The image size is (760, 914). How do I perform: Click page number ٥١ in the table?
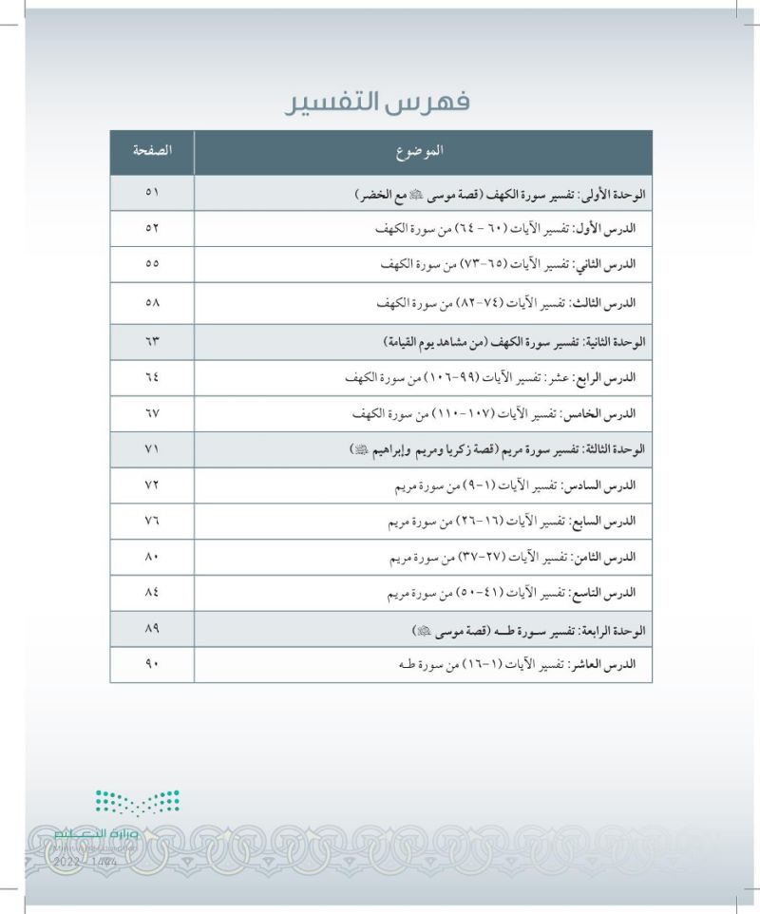151,193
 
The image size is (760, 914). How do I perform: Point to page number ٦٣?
151,339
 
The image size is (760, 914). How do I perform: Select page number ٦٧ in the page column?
151,414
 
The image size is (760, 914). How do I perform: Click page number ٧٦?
151,522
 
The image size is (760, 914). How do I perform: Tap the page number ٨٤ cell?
151,593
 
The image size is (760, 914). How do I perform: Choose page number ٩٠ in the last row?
151,664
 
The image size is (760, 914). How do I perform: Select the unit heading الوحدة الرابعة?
613,629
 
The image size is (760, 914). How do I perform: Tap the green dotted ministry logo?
137,803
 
